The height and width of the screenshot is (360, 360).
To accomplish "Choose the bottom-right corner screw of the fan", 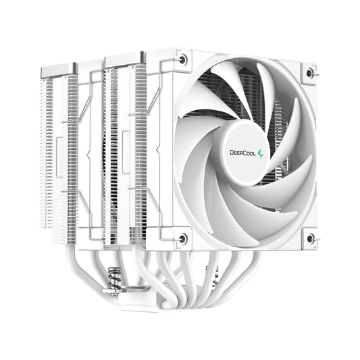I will (x=310, y=238).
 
